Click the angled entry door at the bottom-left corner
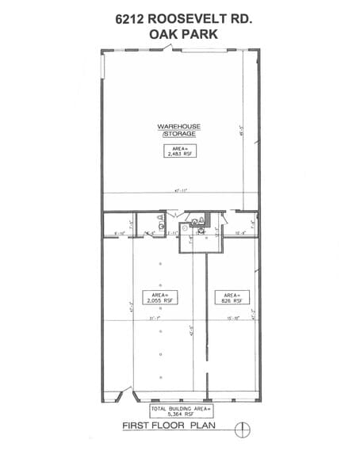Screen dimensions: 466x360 123,393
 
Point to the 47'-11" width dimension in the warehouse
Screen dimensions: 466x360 181,191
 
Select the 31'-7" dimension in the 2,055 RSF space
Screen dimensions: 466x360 155,318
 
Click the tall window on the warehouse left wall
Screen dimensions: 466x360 103,66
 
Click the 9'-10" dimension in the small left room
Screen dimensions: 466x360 121,233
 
